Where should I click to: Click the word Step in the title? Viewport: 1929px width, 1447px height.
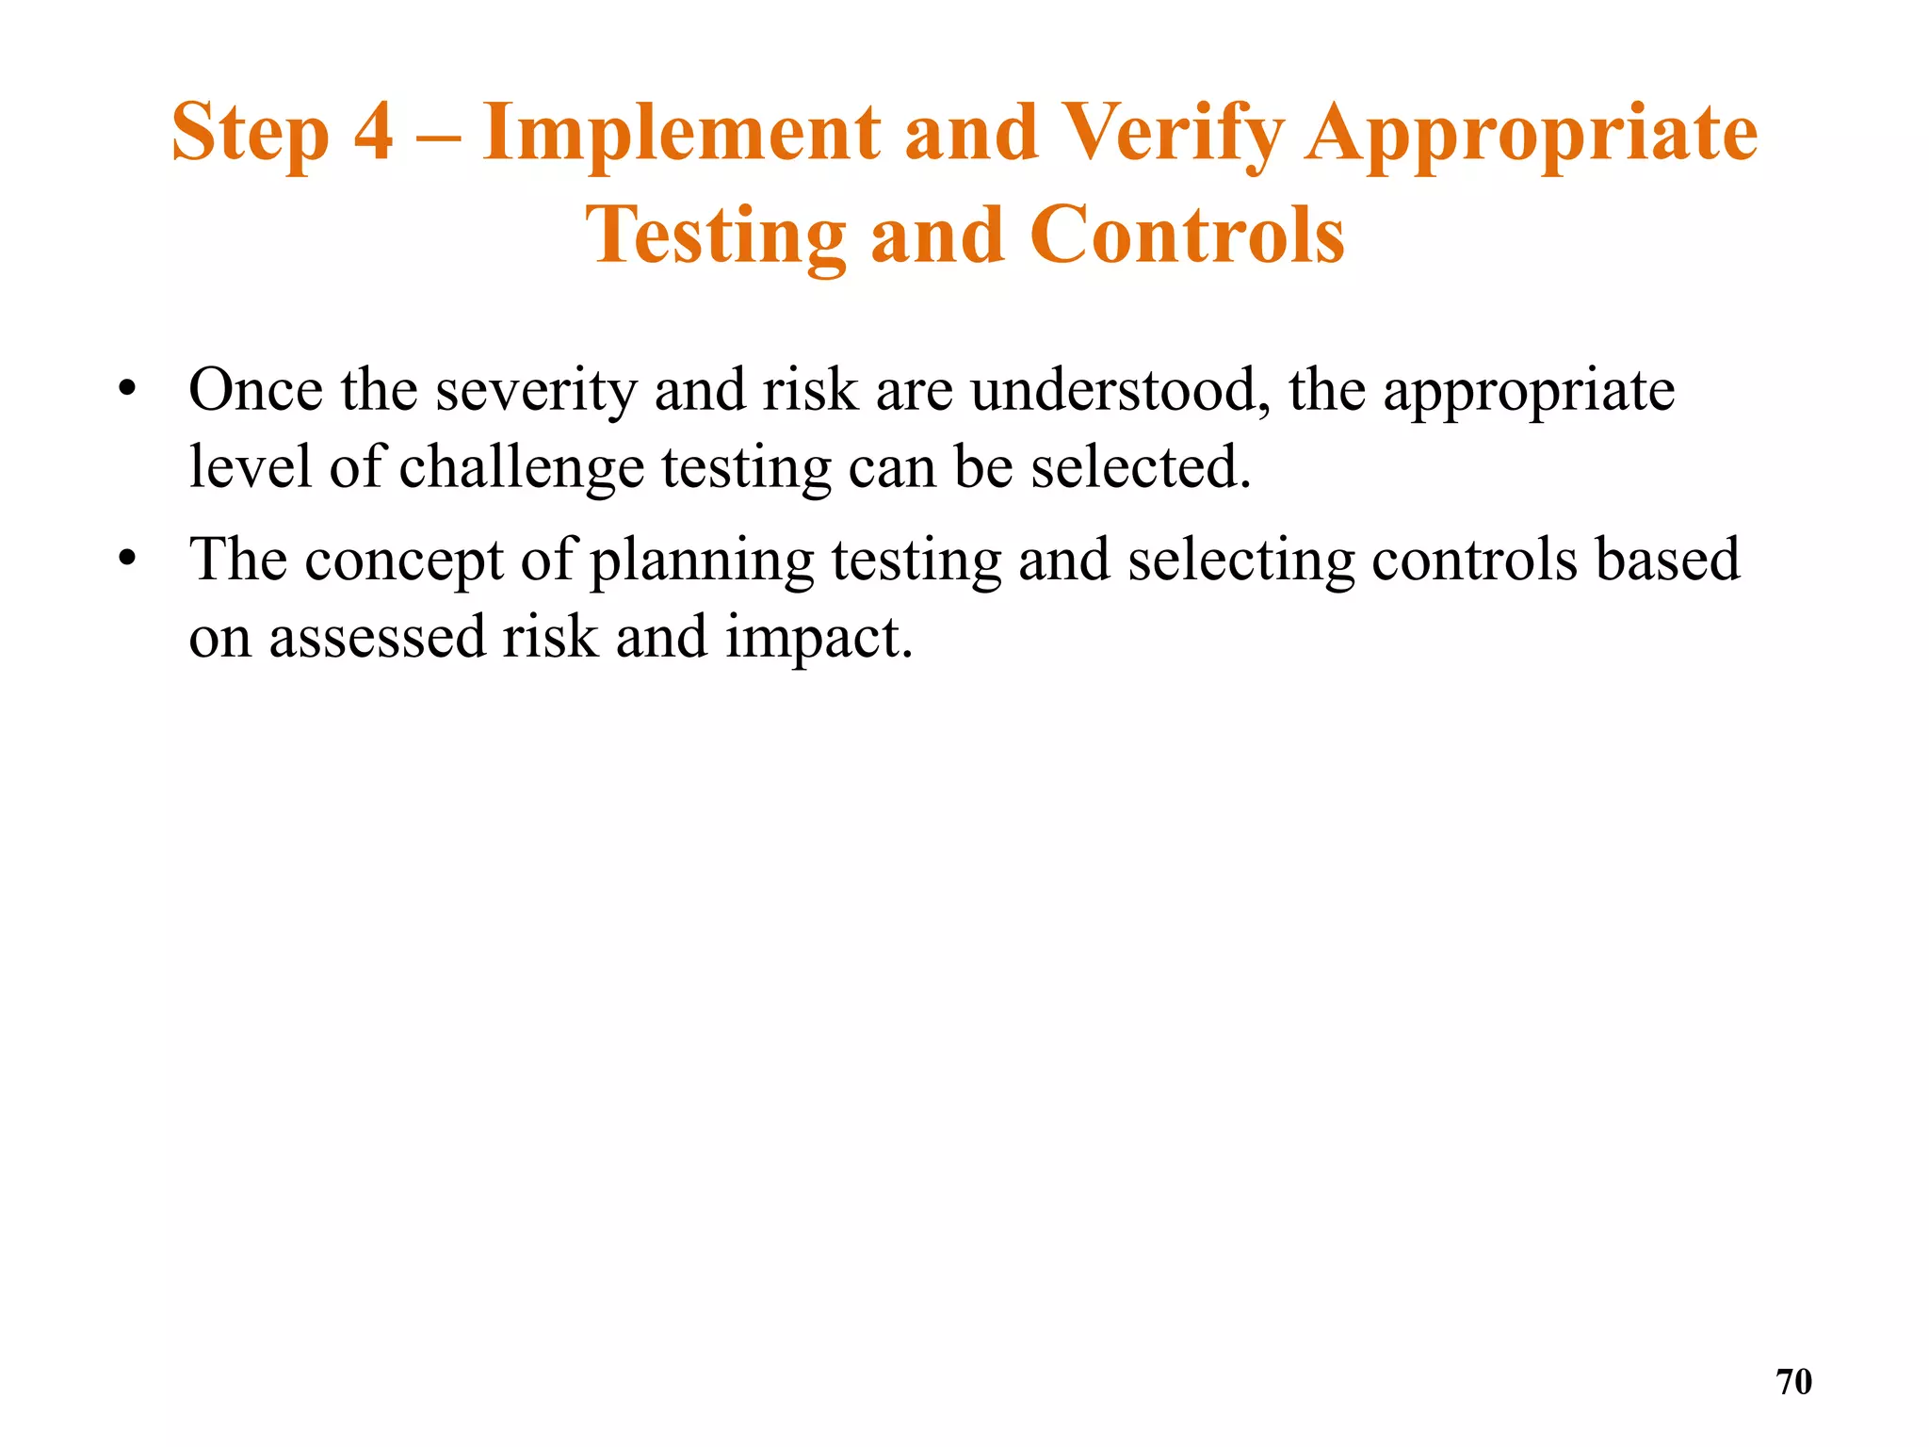[251, 134]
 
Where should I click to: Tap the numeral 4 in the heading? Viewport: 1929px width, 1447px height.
[374, 132]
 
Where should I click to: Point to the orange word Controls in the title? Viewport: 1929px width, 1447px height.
[1187, 236]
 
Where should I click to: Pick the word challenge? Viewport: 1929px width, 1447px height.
[522, 468]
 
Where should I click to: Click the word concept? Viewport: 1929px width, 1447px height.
[404, 561]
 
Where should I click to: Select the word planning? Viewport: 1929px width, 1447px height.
[702, 561]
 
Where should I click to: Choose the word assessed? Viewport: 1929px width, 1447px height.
[377, 637]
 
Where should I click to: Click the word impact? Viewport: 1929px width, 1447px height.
[819, 639]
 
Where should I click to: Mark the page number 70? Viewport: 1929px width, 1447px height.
[1793, 1382]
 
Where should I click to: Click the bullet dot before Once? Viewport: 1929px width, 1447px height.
[127, 390]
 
